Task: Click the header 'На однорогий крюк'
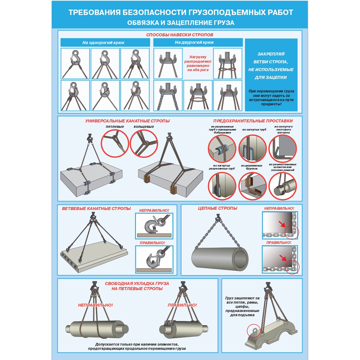(103, 43)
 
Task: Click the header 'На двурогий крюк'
(194, 42)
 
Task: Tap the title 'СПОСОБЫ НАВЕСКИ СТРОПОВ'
(179, 35)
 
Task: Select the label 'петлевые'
(115, 127)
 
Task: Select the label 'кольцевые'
(144, 127)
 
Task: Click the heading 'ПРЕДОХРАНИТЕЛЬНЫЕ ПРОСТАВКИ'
(253, 121)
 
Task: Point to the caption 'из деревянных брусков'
(251, 167)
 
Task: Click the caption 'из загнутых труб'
(254, 130)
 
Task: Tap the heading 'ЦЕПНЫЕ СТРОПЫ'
(217, 208)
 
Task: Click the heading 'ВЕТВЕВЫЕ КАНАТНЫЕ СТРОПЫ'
(96, 208)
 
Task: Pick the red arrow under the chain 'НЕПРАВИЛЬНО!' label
(282, 224)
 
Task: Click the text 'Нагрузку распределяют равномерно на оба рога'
(198, 63)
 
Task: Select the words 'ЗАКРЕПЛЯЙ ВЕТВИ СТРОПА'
(271, 58)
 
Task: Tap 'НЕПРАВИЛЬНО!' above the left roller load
(95, 305)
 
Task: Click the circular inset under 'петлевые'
(115, 143)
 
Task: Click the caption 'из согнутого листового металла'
(283, 130)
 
